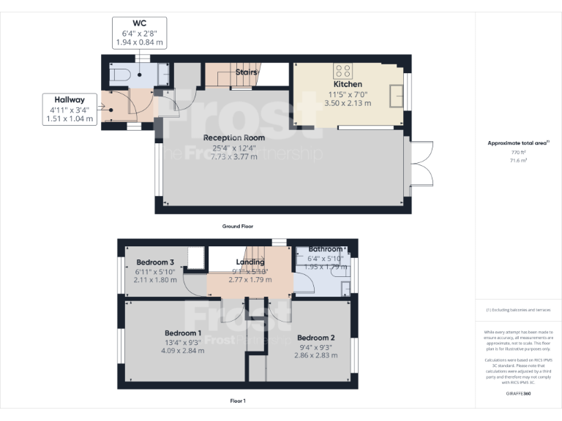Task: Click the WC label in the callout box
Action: click(x=140, y=23)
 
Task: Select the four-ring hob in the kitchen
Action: click(x=344, y=71)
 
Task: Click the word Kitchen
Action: click(x=348, y=84)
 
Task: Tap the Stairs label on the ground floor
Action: click(x=246, y=72)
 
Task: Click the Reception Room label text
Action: click(x=234, y=137)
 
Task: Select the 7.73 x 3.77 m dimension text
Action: click(x=234, y=158)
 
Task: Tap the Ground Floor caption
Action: click(x=239, y=227)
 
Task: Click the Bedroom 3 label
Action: click(x=155, y=262)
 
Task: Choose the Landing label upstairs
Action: click(x=250, y=262)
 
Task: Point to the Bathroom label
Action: click(x=325, y=249)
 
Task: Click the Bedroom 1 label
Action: click(x=184, y=333)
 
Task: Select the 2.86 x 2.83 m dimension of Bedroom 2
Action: click(x=316, y=355)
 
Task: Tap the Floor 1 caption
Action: click(x=239, y=401)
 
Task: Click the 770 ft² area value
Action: click(x=518, y=151)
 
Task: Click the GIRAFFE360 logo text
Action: click(x=518, y=394)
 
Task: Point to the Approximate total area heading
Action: click(x=518, y=143)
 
